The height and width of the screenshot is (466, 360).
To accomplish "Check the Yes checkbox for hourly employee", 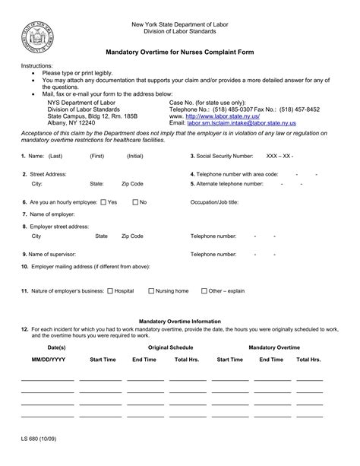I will tap(104, 202).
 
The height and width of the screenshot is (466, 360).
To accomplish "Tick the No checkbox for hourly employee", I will tap(135, 202).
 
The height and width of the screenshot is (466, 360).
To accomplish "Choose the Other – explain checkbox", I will tap(204, 290).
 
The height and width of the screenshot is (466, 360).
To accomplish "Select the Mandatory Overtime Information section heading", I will tap(180, 322).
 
